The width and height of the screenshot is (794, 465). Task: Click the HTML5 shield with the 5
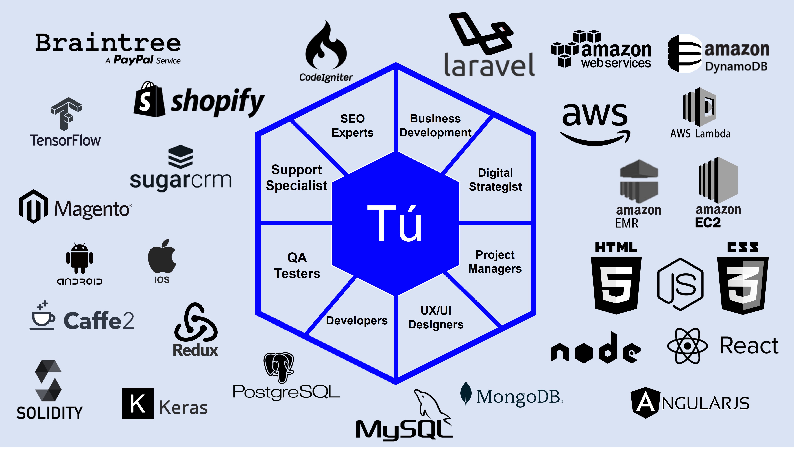[x=616, y=284]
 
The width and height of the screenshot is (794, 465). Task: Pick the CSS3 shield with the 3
[x=743, y=284]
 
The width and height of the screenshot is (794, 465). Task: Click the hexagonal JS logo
[x=680, y=284]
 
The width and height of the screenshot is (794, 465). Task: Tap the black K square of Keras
[x=138, y=403]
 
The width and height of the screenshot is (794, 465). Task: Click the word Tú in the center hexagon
[x=395, y=223]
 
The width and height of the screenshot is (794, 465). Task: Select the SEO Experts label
[x=352, y=126]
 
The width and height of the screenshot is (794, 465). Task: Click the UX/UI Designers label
[x=436, y=317]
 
